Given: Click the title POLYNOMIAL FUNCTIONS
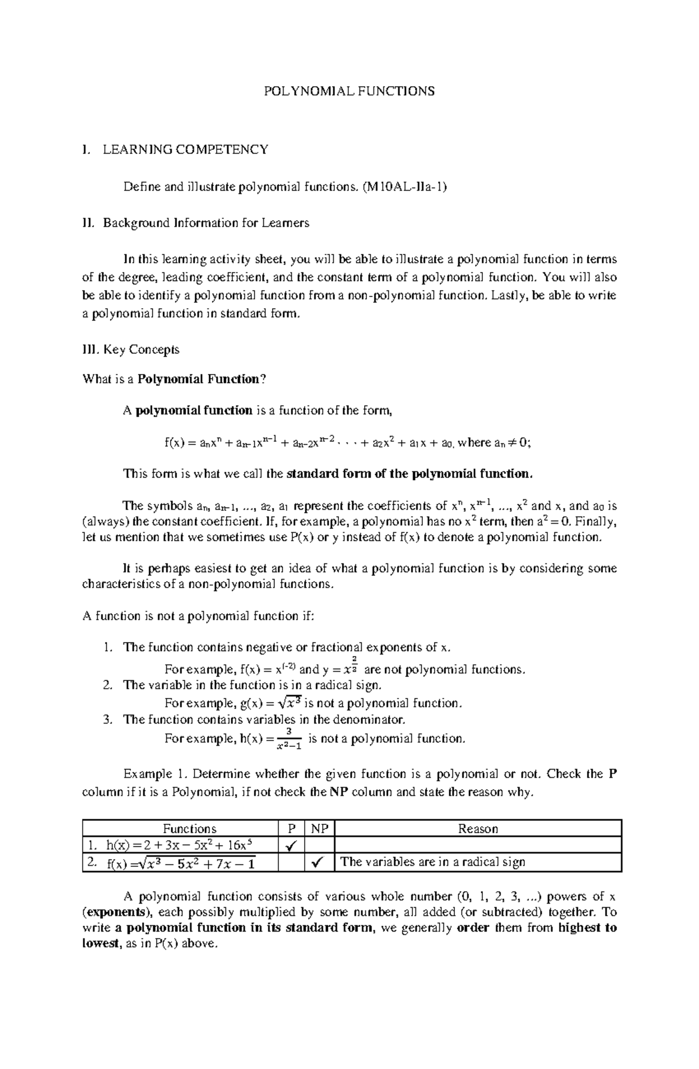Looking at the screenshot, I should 349,91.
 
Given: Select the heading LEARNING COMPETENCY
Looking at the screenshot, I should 185,149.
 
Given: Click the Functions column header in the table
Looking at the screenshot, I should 190,828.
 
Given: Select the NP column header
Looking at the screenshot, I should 320,828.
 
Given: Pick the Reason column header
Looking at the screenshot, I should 478,828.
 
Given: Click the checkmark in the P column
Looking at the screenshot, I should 291,845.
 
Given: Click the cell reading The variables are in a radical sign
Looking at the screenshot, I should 433,862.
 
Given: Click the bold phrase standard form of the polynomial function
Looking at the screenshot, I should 410,474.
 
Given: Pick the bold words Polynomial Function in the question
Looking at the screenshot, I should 198,379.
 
